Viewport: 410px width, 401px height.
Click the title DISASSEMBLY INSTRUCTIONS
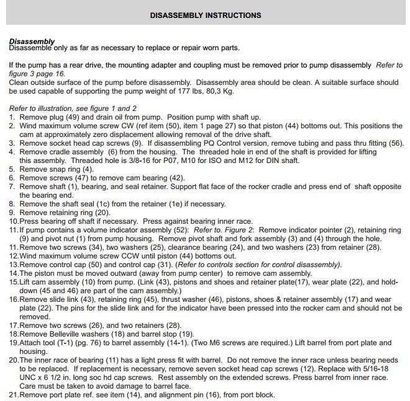click(x=206, y=15)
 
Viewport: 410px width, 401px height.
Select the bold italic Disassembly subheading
click(x=32, y=42)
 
